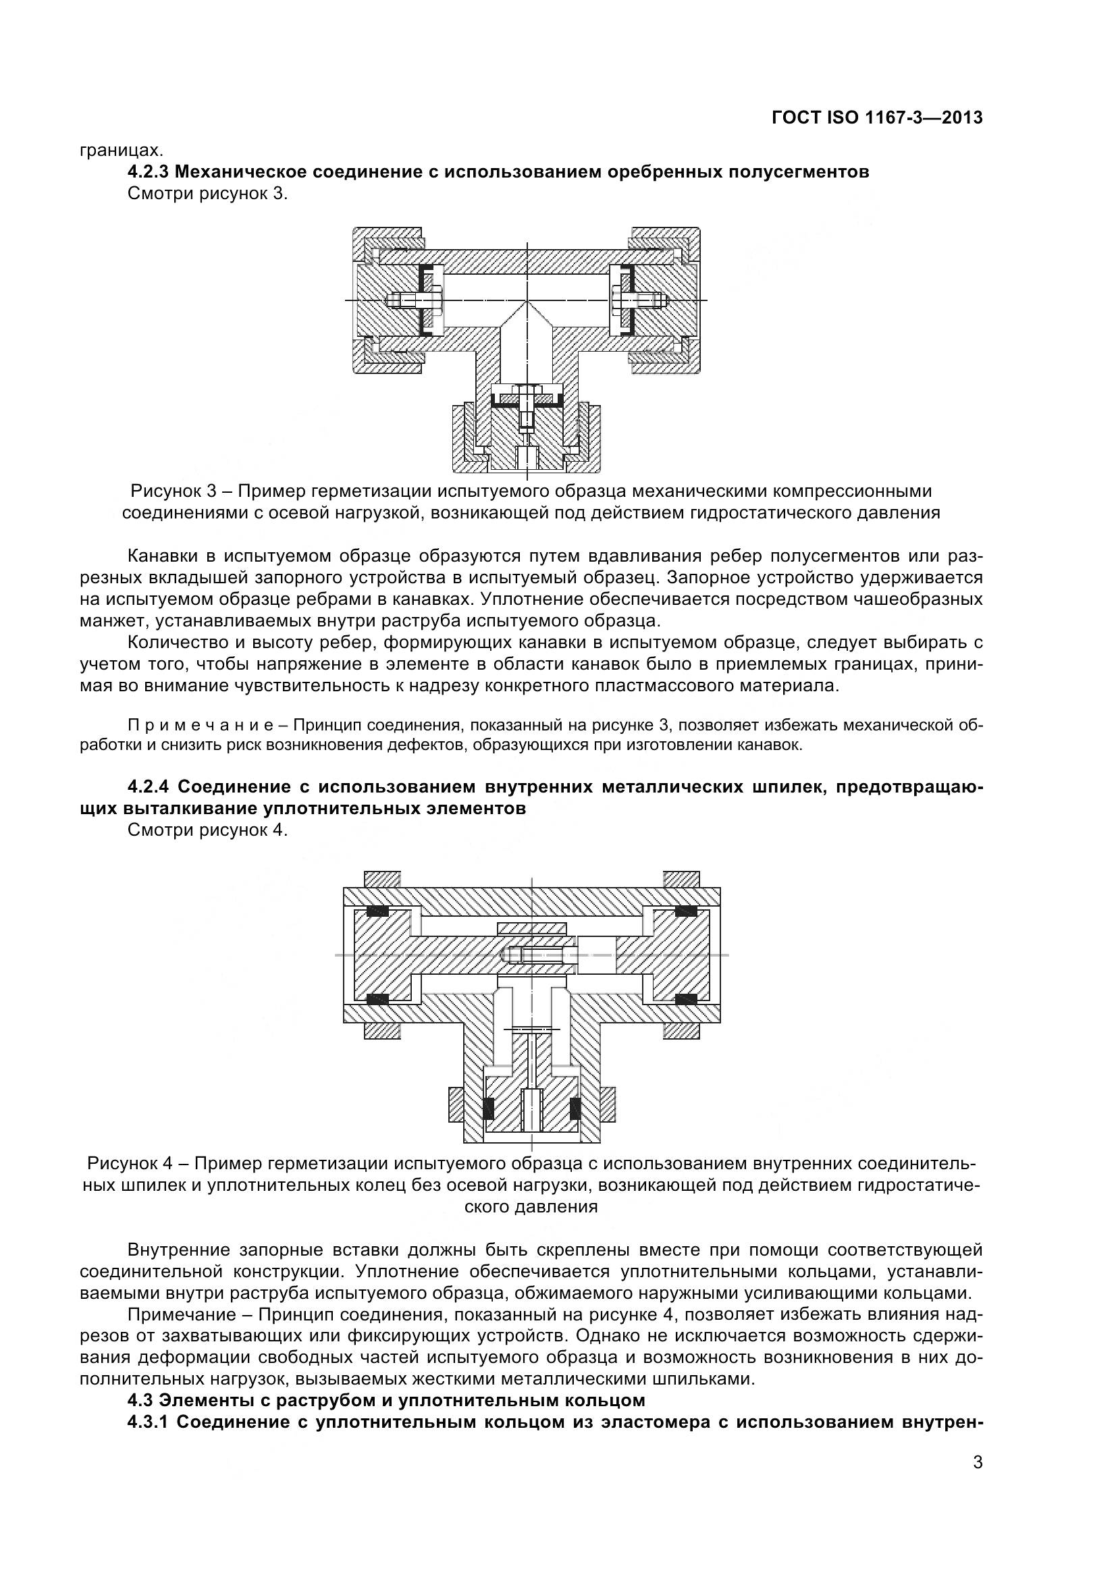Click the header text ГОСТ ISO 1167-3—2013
pos(877,117)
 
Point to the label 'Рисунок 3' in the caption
pos(174,491)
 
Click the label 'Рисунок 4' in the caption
pos(129,1163)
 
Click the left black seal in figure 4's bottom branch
pos(489,1108)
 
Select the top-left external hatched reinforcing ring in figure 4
pos(381,879)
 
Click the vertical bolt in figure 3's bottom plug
pos(527,408)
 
